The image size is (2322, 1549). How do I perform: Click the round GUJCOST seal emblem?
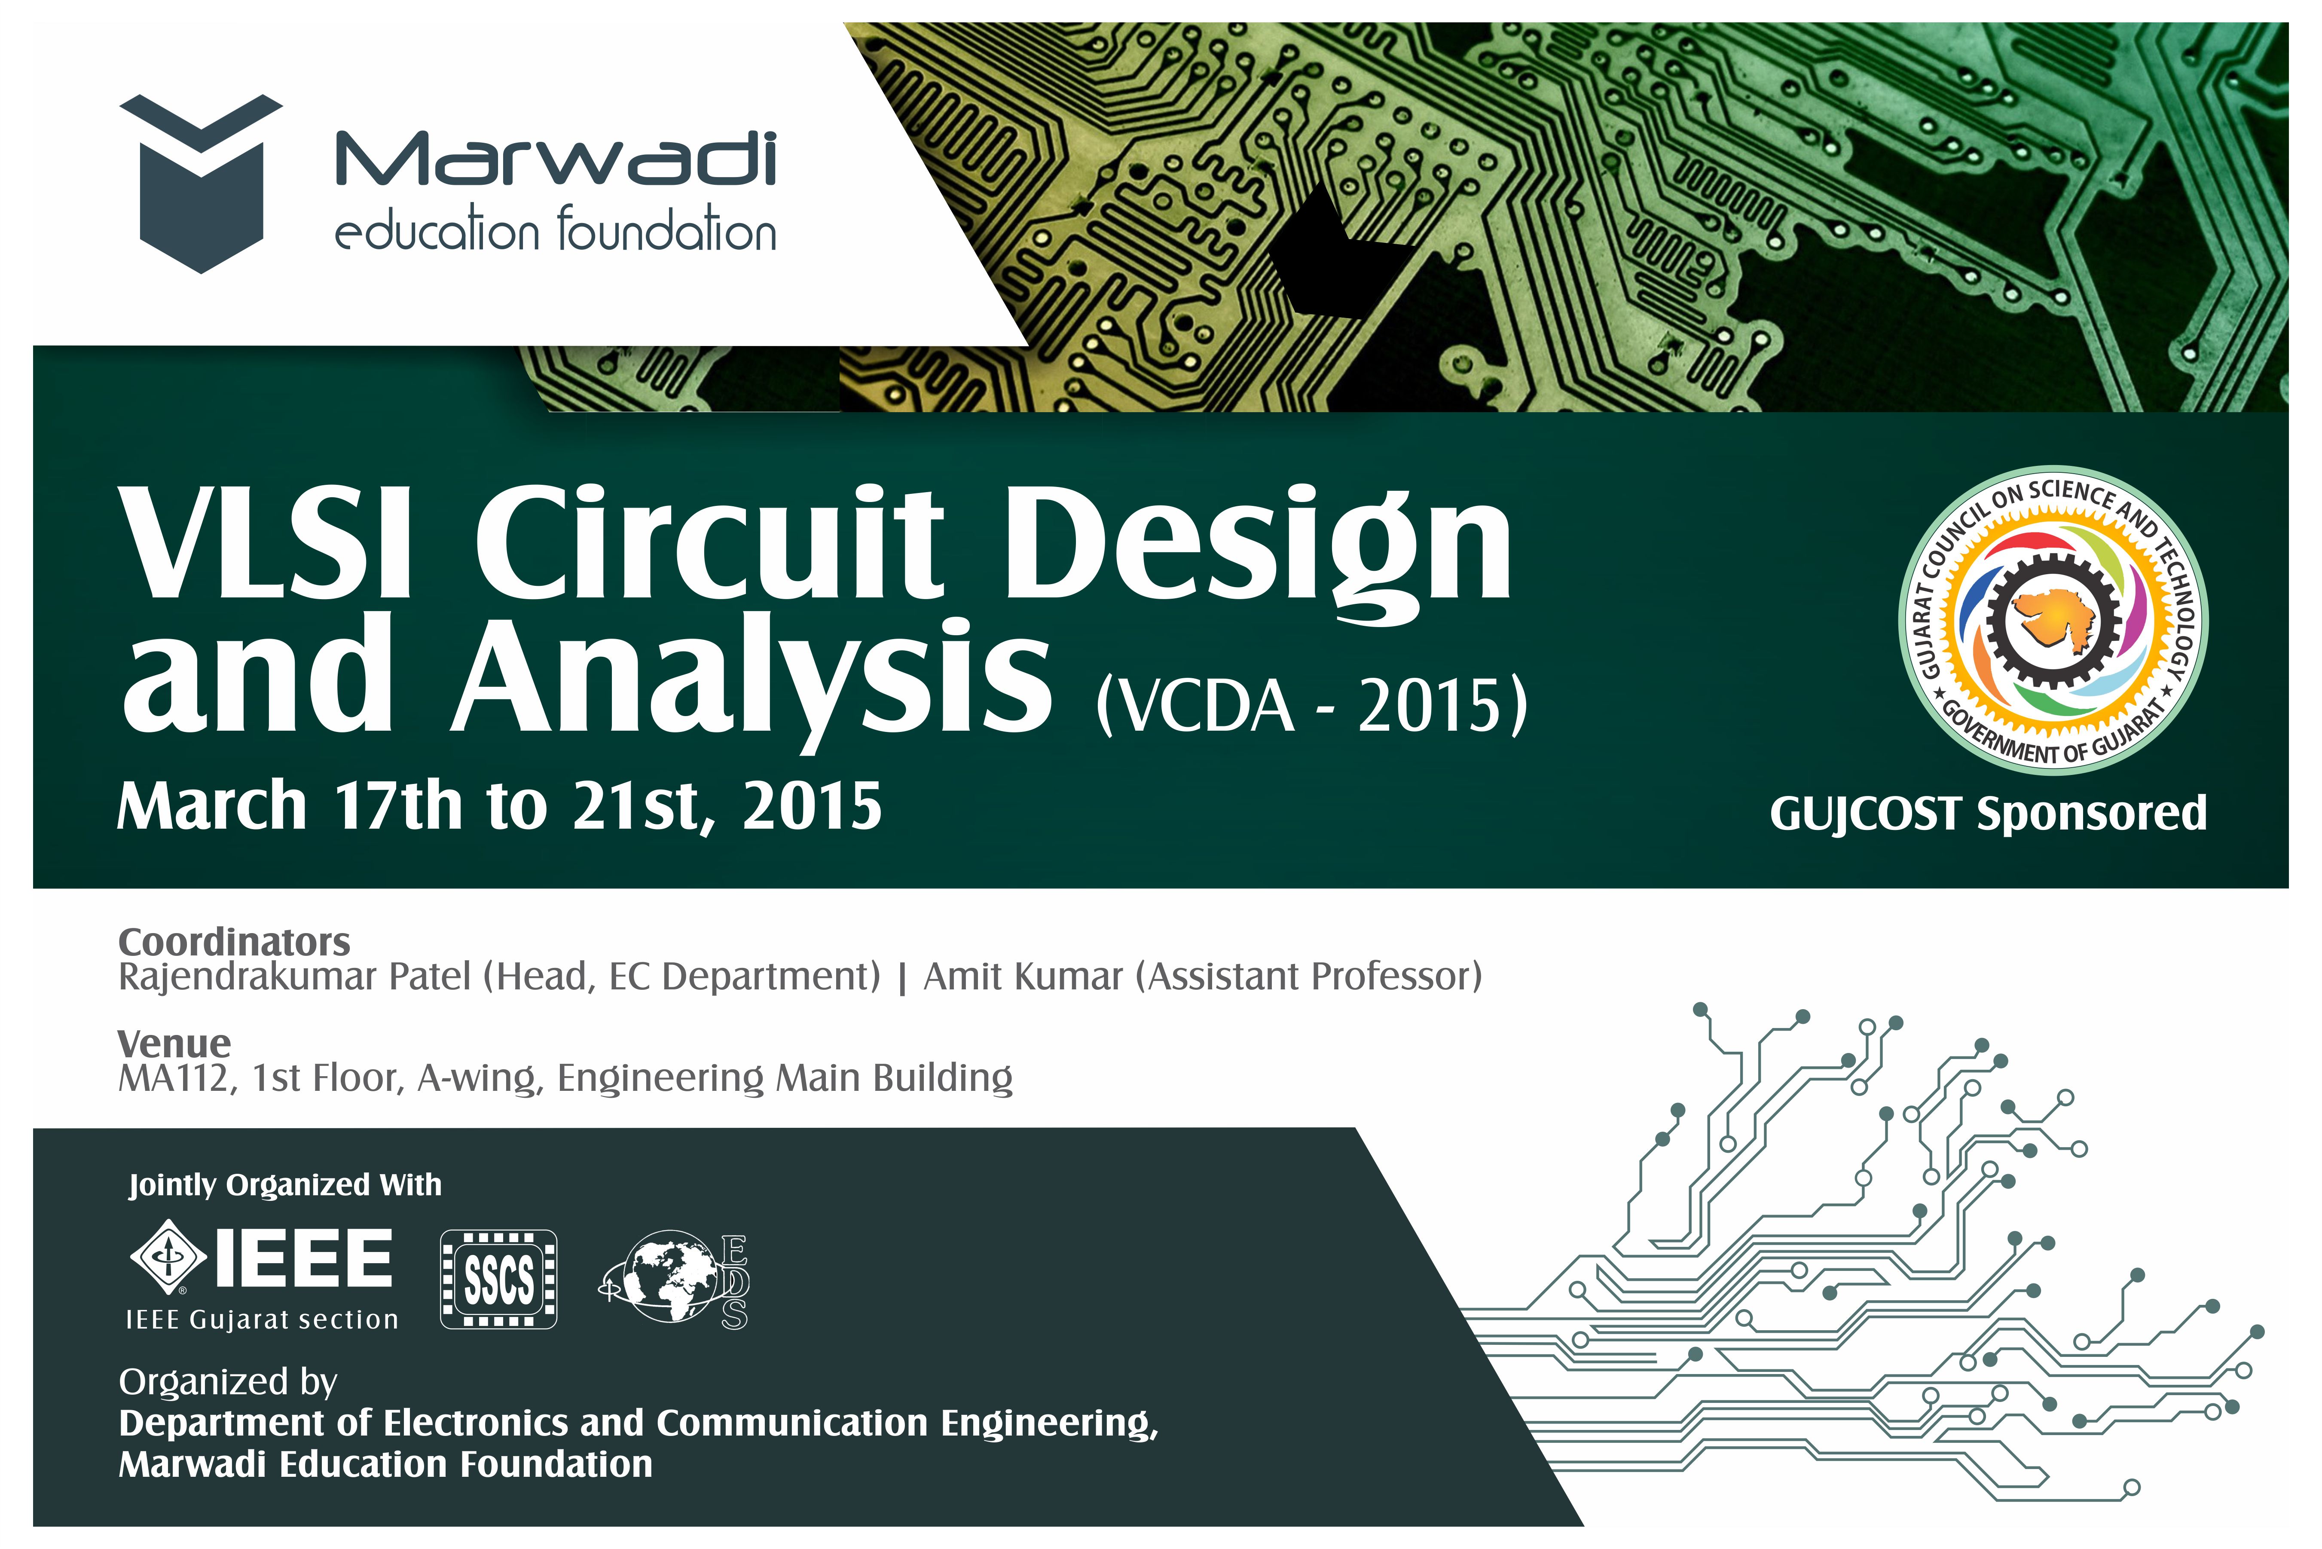pyautogui.click(x=2054, y=620)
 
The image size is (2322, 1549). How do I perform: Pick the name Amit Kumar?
pyautogui.click(x=1023, y=976)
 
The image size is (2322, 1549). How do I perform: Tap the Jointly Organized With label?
pyautogui.click(x=285, y=1185)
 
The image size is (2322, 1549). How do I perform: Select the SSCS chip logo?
pyautogui.click(x=499, y=1280)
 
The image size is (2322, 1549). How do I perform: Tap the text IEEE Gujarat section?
pyautogui.click(x=262, y=1320)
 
